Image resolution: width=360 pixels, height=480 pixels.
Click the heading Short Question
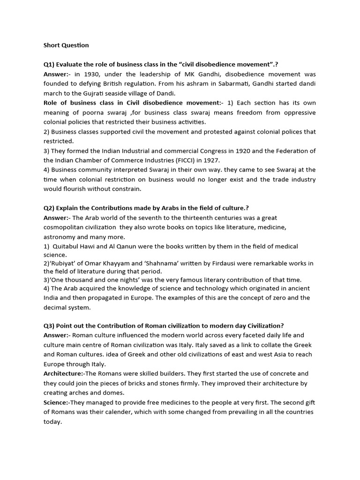[66, 45]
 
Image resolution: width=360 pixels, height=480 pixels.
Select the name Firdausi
[224, 263]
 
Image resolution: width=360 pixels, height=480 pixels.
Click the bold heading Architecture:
[64, 374]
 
